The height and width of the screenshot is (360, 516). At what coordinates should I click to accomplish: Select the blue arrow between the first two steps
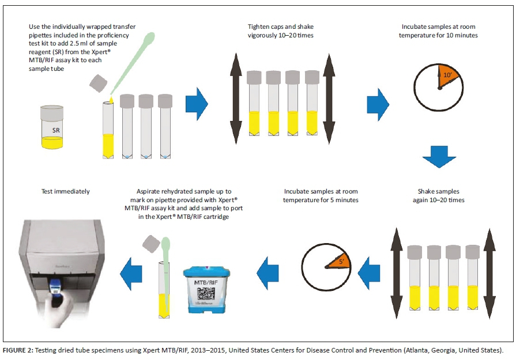click(x=197, y=104)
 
